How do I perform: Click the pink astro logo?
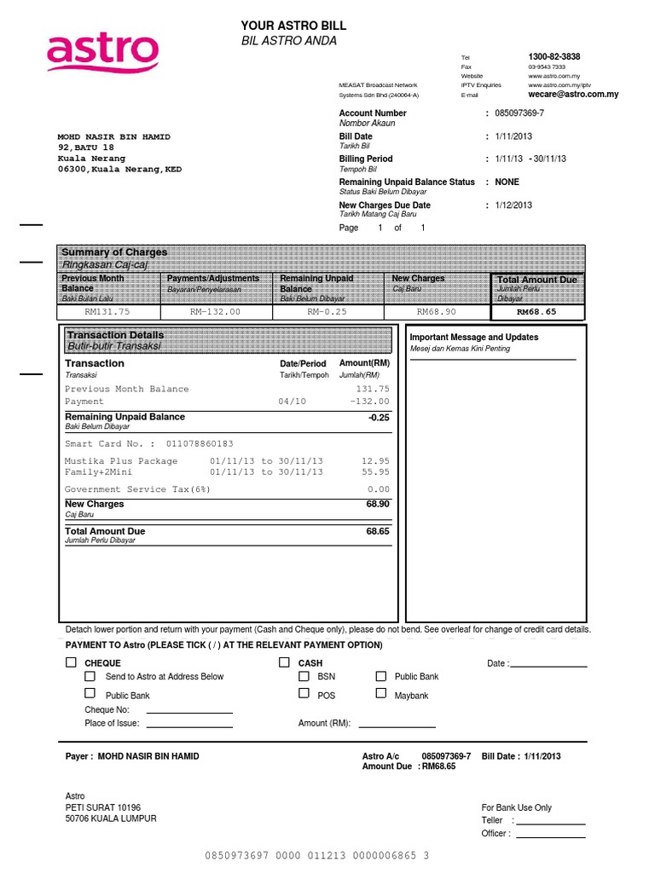tap(102, 52)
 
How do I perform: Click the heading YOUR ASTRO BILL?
tap(293, 26)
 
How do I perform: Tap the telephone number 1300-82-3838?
tap(554, 56)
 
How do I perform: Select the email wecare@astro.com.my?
tap(573, 95)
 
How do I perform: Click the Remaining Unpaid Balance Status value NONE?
tap(507, 182)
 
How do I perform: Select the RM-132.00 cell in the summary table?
tap(215, 312)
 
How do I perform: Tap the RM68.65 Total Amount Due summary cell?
tap(536, 312)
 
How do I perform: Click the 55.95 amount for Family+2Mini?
tap(375, 471)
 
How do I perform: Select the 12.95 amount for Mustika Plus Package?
tap(375, 461)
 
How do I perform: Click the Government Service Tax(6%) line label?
tap(137, 489)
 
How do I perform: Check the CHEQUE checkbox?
tap(71, 662)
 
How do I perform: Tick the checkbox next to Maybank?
tap(380, 694)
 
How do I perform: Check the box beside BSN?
tap(304, 675)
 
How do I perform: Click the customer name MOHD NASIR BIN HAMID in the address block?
tap(113, 136)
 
